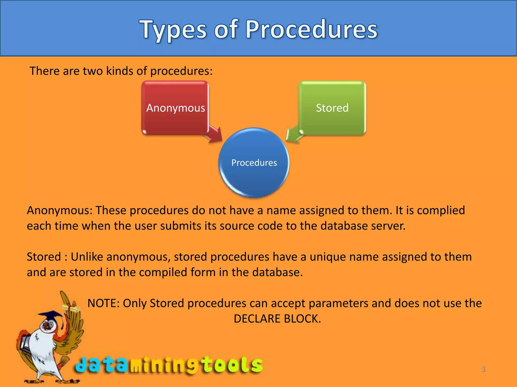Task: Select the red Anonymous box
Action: tap(175, 108)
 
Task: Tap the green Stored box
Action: tap(332, 108)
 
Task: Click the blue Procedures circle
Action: tap(254, 163)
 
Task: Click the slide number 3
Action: tap(483, 369)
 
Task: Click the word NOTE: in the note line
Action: tap(103, 303)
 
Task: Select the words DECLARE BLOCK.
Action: tap(277, 319)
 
